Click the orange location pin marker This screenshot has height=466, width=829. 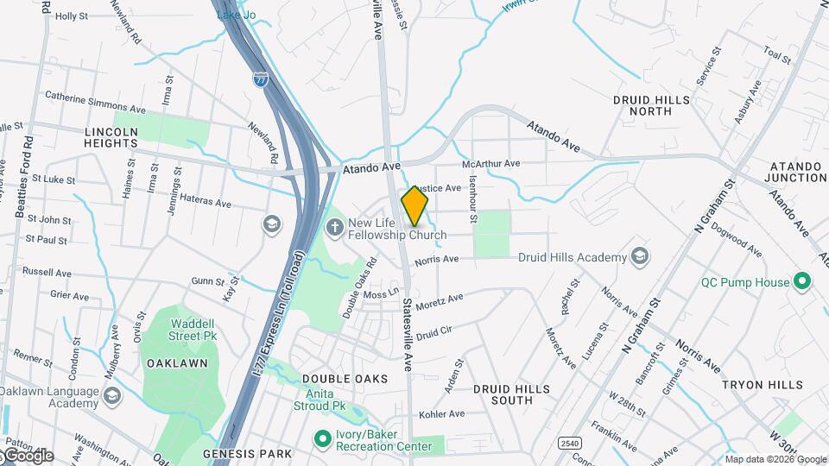coord(414,205)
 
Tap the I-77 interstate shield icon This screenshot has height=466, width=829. coord(260,79)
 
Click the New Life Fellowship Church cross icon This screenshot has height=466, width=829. coord(334,227)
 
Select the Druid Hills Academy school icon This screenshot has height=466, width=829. coord(640,257)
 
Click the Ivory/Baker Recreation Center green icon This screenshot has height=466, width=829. coord(322,439)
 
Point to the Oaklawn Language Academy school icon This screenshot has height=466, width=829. coord(111,396)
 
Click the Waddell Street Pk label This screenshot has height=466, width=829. coord(181,330)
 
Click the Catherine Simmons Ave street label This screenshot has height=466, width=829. coord(95,103)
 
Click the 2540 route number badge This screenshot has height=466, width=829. coord(570,443)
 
